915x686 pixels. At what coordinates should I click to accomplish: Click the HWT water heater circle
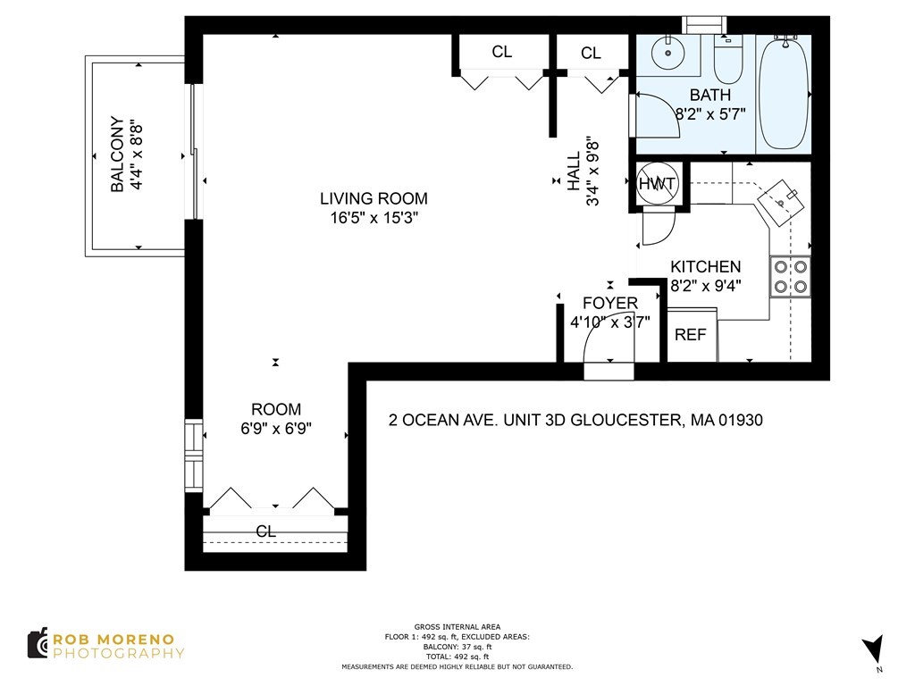tap(659, 184)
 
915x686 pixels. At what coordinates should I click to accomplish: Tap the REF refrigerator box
tap(691, 335)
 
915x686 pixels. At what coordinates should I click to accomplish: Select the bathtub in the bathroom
tap(783, 93)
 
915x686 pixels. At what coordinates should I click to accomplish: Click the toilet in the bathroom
tap(729, 59)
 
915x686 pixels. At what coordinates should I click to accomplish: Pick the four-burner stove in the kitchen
tap(791, 276)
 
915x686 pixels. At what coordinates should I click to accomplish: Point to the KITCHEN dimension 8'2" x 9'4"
tap(706, 287)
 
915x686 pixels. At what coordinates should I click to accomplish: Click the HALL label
tap(574, 170)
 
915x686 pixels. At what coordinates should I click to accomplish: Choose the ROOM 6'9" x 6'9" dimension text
tap(275, 428)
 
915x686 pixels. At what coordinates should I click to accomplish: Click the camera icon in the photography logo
tap(38, 644)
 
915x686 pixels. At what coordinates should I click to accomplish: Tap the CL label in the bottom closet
tap(265, 531)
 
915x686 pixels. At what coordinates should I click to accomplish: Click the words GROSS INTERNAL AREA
tap(457, 627)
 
